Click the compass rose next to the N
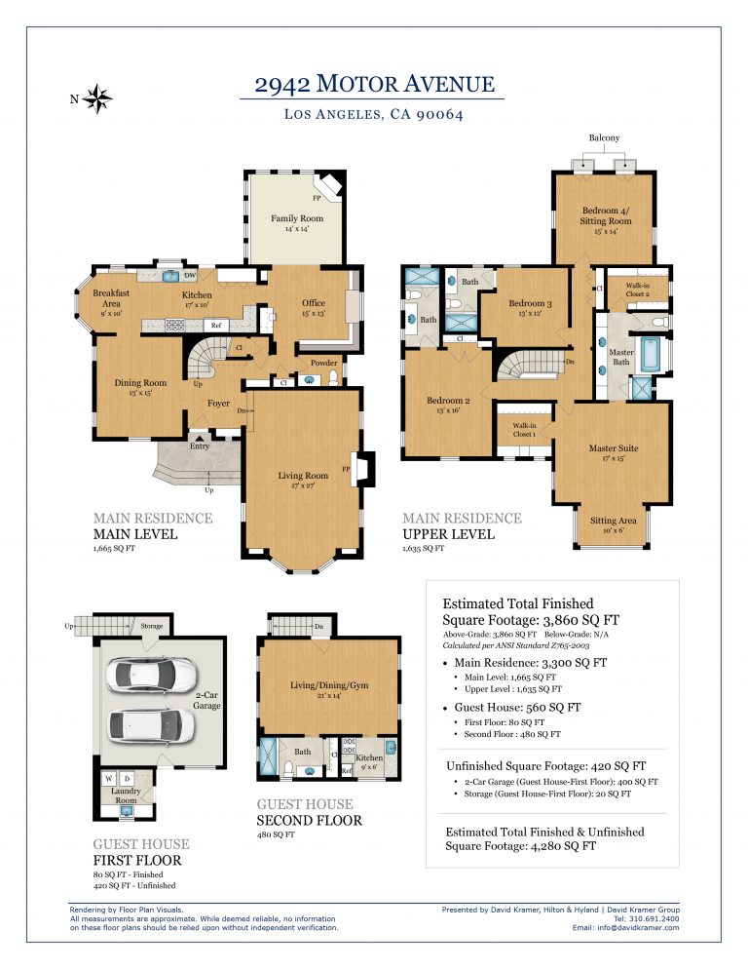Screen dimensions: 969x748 pyautogui.click(x=98, y=97)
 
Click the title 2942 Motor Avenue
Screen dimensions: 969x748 pyautogui.click(x=374, y=84)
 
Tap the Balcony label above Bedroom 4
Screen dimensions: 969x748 pyautogui.click(x=604, y=138)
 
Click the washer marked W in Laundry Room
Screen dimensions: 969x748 pyautogui.click(x=110, y=778)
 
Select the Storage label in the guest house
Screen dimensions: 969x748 pyautogui.click(x=151, y=626)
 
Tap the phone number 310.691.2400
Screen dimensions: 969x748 pyautogui.click(x=654, y=918)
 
